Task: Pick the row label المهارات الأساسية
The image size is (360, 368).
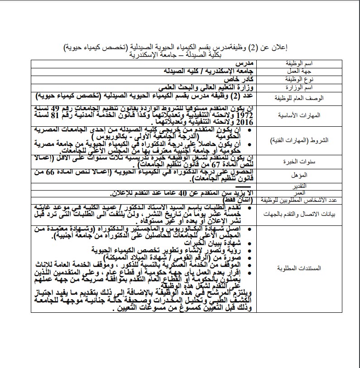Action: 301,115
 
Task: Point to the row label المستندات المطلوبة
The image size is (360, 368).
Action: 301,268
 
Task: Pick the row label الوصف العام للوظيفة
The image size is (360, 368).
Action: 300,98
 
